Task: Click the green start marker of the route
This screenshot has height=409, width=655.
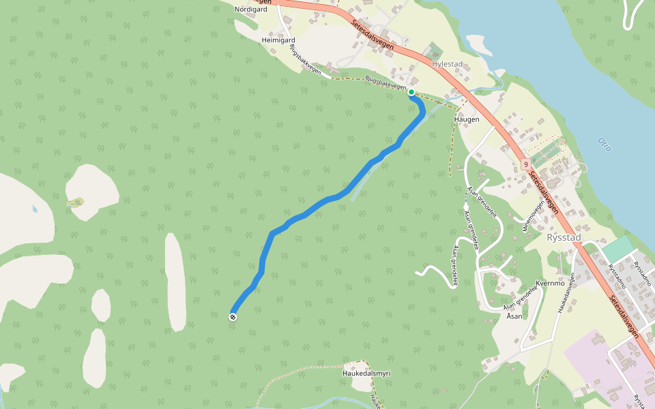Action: [x=411, y=92]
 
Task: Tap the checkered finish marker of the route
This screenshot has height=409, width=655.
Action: [x=233, y=316]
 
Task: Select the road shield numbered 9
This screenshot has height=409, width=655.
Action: [x=526, y=164]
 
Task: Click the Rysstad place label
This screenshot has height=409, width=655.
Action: [x=564, y=237]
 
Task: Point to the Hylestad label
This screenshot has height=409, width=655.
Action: [x=448, y=64]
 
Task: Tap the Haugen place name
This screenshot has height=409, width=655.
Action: [x=467, y=119]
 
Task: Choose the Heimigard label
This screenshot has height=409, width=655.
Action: [x=278, y=40]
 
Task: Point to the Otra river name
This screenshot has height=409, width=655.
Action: [x=604, y=145]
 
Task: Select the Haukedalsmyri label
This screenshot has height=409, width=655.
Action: [x=366, y=373]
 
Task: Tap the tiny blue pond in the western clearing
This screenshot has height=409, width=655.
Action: [x=34, y=208]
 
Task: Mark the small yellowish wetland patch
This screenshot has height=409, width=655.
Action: [x=76, y=202]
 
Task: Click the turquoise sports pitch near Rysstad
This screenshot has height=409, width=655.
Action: [x=617, y=248]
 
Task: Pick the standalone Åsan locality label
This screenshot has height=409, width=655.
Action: [x=513, y=316]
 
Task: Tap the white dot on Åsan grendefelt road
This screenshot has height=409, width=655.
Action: [x=465, y=206]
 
